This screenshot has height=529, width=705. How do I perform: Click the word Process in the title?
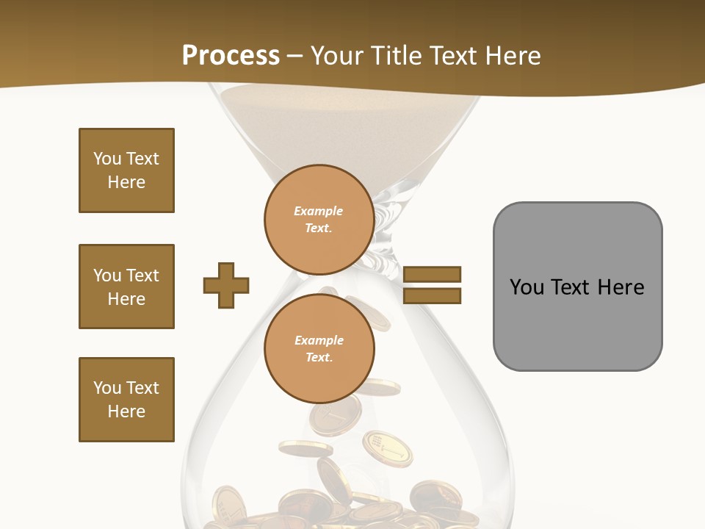231,56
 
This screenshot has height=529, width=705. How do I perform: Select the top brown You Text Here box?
126,170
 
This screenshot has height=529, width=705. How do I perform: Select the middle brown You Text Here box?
126,287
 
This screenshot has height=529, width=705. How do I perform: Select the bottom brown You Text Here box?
126,400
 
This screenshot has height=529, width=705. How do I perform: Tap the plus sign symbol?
226,285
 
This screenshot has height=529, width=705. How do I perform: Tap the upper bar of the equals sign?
432,274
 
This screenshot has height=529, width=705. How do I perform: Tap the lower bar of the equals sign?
432,295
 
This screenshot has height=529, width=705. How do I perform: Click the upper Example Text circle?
319,220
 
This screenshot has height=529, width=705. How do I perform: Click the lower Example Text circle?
319,349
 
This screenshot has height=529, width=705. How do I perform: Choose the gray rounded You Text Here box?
577,286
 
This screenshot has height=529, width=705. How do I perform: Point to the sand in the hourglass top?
345,118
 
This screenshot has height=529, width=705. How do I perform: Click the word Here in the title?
511,56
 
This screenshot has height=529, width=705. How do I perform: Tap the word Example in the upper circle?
319,211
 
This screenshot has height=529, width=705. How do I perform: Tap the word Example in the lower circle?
319,340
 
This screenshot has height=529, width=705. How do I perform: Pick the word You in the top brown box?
106,159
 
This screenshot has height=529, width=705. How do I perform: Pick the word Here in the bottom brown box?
126,411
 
